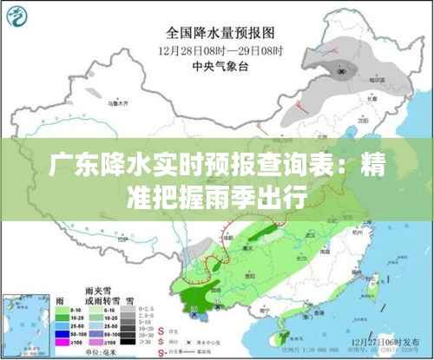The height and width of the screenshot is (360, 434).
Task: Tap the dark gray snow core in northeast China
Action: pyautogui.click(x=348, y=69)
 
